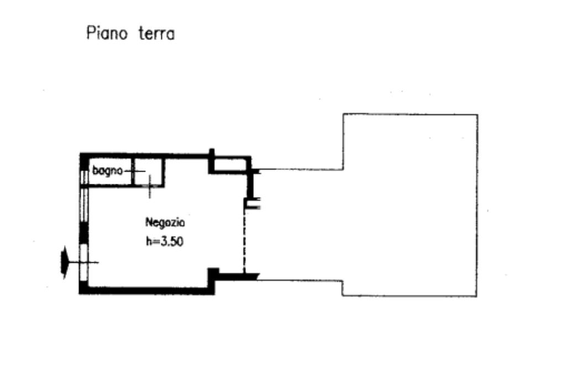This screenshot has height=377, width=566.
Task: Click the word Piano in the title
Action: click(107, 34)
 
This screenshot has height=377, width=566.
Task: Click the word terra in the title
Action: click(156, 34)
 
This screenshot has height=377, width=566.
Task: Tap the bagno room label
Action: click(106, 171)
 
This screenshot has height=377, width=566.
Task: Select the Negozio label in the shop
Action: click(165, 223)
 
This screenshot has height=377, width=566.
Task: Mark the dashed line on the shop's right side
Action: click(244, 237)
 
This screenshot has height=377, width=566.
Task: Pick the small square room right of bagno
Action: click(148, 172)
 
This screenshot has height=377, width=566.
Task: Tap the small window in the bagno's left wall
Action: click(84, 176)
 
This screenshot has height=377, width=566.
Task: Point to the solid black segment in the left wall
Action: click(83, 232)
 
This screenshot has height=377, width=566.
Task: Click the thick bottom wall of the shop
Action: click(146, 290)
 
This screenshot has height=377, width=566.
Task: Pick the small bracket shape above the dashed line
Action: click(252, 204)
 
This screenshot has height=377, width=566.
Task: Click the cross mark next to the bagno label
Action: click(137, 172)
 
